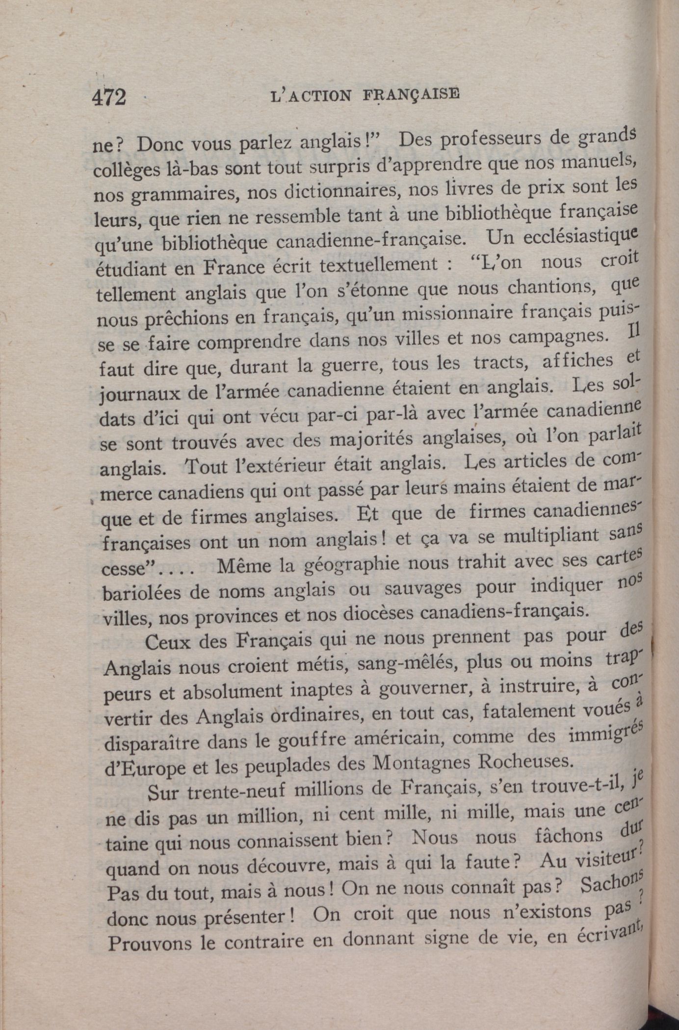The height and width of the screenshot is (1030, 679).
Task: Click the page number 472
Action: tap(109, 97)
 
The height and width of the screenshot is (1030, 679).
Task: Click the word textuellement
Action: tap(378, 264)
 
